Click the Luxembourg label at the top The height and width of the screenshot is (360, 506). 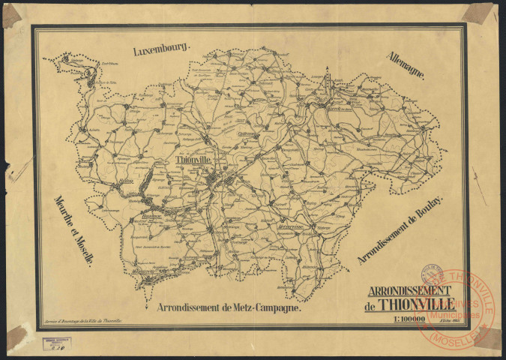coord(163,50)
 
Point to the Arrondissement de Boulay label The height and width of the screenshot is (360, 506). coord(401,230)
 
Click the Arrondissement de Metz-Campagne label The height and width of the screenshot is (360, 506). coord(229,307)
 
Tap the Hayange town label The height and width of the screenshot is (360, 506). coord(152,215)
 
